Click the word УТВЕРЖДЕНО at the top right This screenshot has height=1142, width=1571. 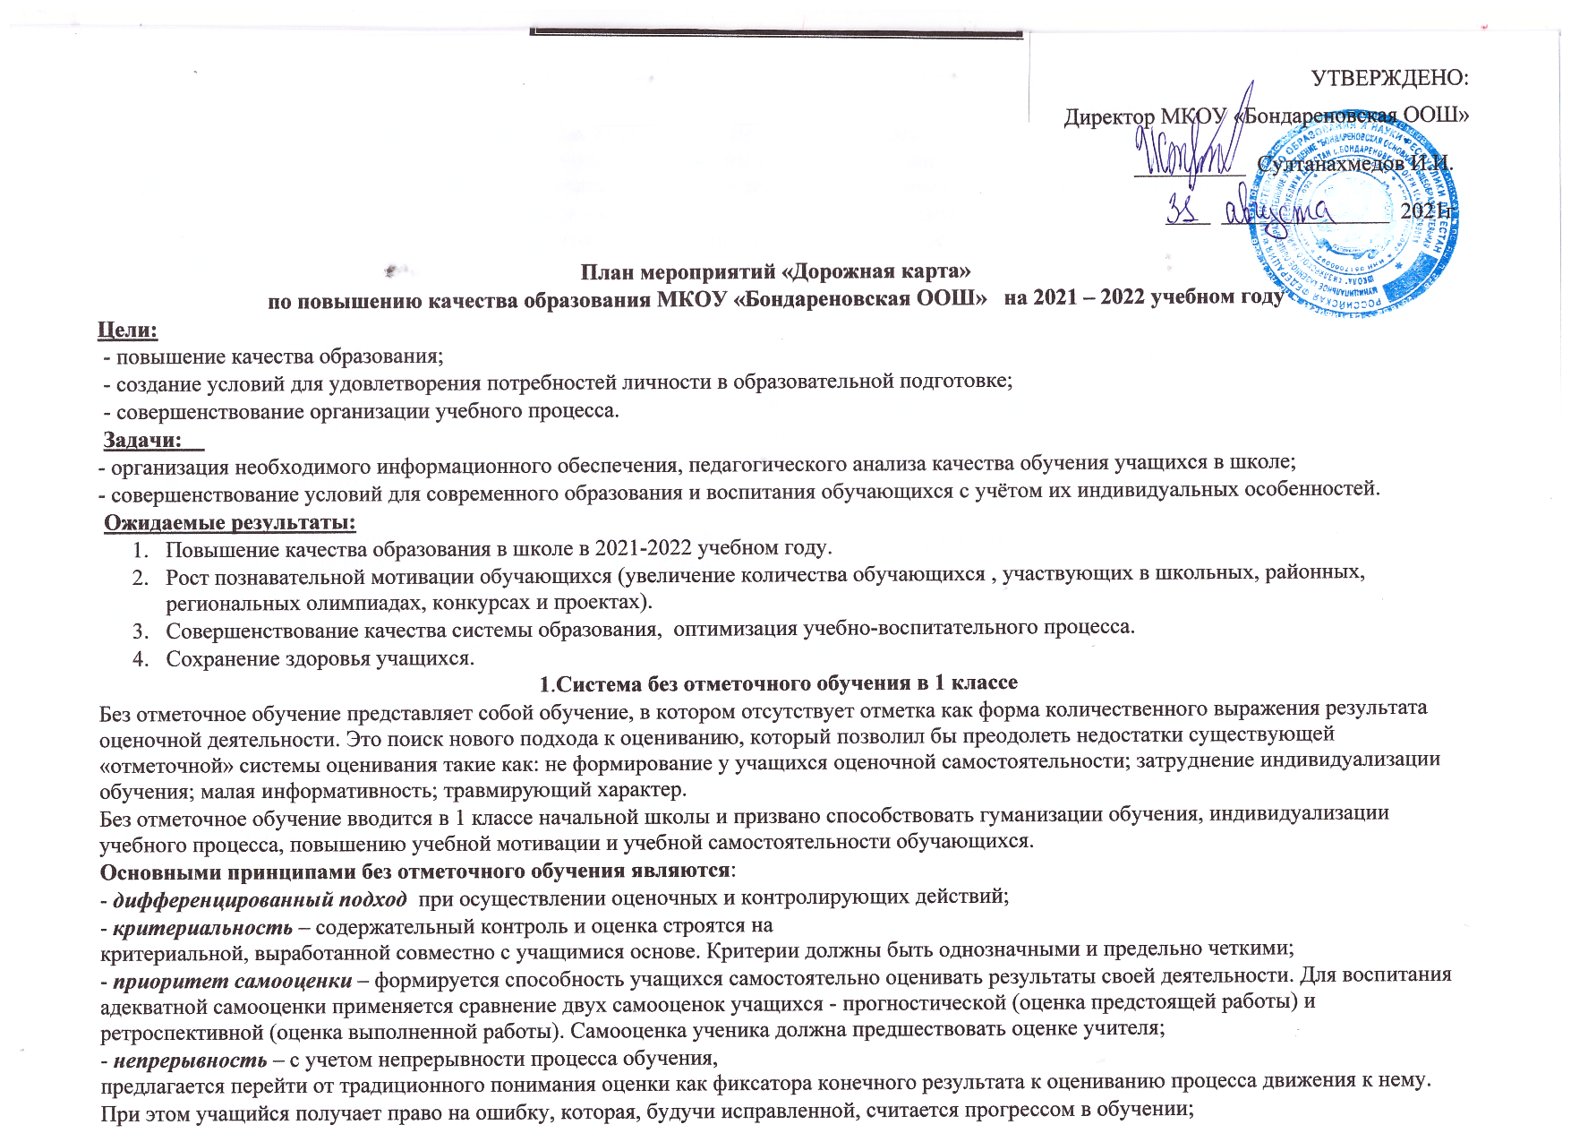click(x=1389, y=78)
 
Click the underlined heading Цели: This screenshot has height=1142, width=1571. click(x=127, y=330)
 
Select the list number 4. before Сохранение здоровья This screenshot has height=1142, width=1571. click(x=140, y=658)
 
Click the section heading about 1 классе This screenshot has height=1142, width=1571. click(x=778, y=683)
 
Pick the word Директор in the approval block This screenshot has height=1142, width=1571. click(x=1108, y=117)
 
